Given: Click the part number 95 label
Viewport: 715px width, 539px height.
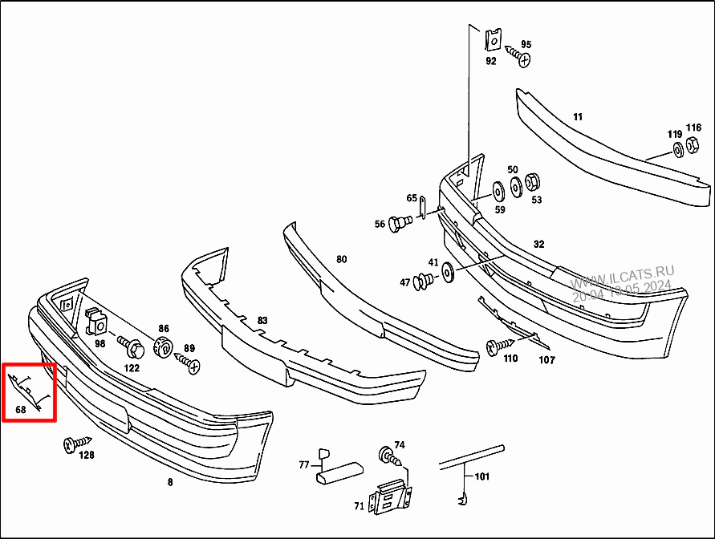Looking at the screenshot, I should click(526, 44).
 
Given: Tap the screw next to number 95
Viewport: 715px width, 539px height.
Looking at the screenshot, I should click(522, 59).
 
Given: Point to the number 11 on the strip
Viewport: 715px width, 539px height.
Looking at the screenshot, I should click(578, 116).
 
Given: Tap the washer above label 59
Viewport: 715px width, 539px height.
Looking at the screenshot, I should click(497, 190).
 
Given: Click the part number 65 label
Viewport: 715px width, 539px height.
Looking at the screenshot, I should click(412, 198).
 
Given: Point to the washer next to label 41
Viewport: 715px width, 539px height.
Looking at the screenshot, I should click(447, 272).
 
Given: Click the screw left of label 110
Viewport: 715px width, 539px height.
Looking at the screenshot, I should click(494, 347).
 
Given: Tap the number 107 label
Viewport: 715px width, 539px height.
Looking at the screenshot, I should click(546, 360).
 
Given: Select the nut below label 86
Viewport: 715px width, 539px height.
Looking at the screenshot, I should click(162, 346).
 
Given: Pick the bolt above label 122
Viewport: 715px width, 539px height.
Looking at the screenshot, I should click(132, 348).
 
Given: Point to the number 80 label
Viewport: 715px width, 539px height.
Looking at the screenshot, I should click(342, 259).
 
